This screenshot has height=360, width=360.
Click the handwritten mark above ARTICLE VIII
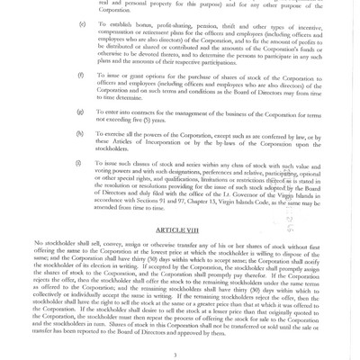tap(291, 222)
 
